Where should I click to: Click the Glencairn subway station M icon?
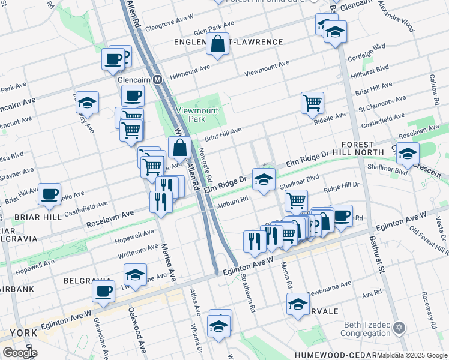(x=158, y=79)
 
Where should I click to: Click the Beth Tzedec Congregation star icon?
(x=399, y=328)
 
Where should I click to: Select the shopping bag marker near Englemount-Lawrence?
(x=217, y=44)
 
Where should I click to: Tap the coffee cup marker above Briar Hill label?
(x=49, y=194)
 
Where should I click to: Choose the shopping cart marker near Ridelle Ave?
(x=312, y=103)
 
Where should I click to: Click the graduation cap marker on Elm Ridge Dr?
(x=264, y=179)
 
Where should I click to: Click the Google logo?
(x=20, y=353)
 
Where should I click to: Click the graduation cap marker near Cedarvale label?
(x=298, y=304)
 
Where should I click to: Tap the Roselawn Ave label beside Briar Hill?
(x=110, y=217)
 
